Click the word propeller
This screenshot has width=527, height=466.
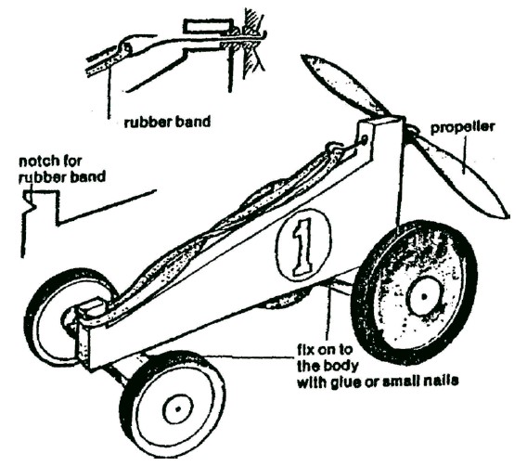click(462, 128)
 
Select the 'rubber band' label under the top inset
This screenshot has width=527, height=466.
click(167, 122)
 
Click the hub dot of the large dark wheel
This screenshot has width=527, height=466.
click(424, 296)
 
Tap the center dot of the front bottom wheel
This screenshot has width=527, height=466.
click(178, 409)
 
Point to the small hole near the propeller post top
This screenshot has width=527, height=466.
click(365, 140)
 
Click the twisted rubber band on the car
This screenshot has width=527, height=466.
click(218, 228)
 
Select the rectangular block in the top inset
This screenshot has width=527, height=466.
click(209, 27)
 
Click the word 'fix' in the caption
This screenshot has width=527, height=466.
click(305, 350)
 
